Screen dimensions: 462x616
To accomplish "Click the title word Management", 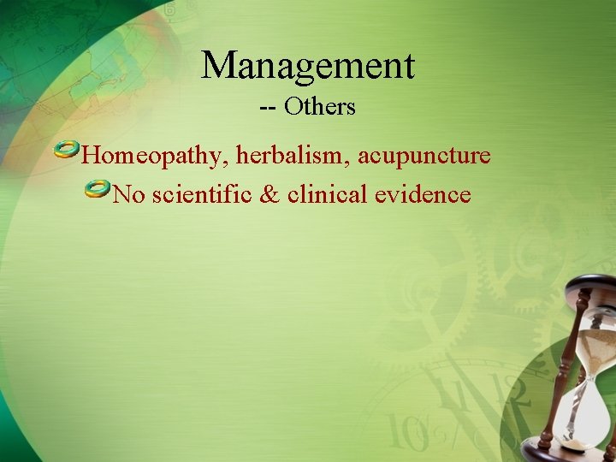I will pyautogui.click(x=308, y=66).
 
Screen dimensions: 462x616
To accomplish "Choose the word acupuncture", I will pyautogui.click(x=424, y=157).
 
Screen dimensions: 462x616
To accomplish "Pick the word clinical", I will pyautogui.click(x=327, y=195).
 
